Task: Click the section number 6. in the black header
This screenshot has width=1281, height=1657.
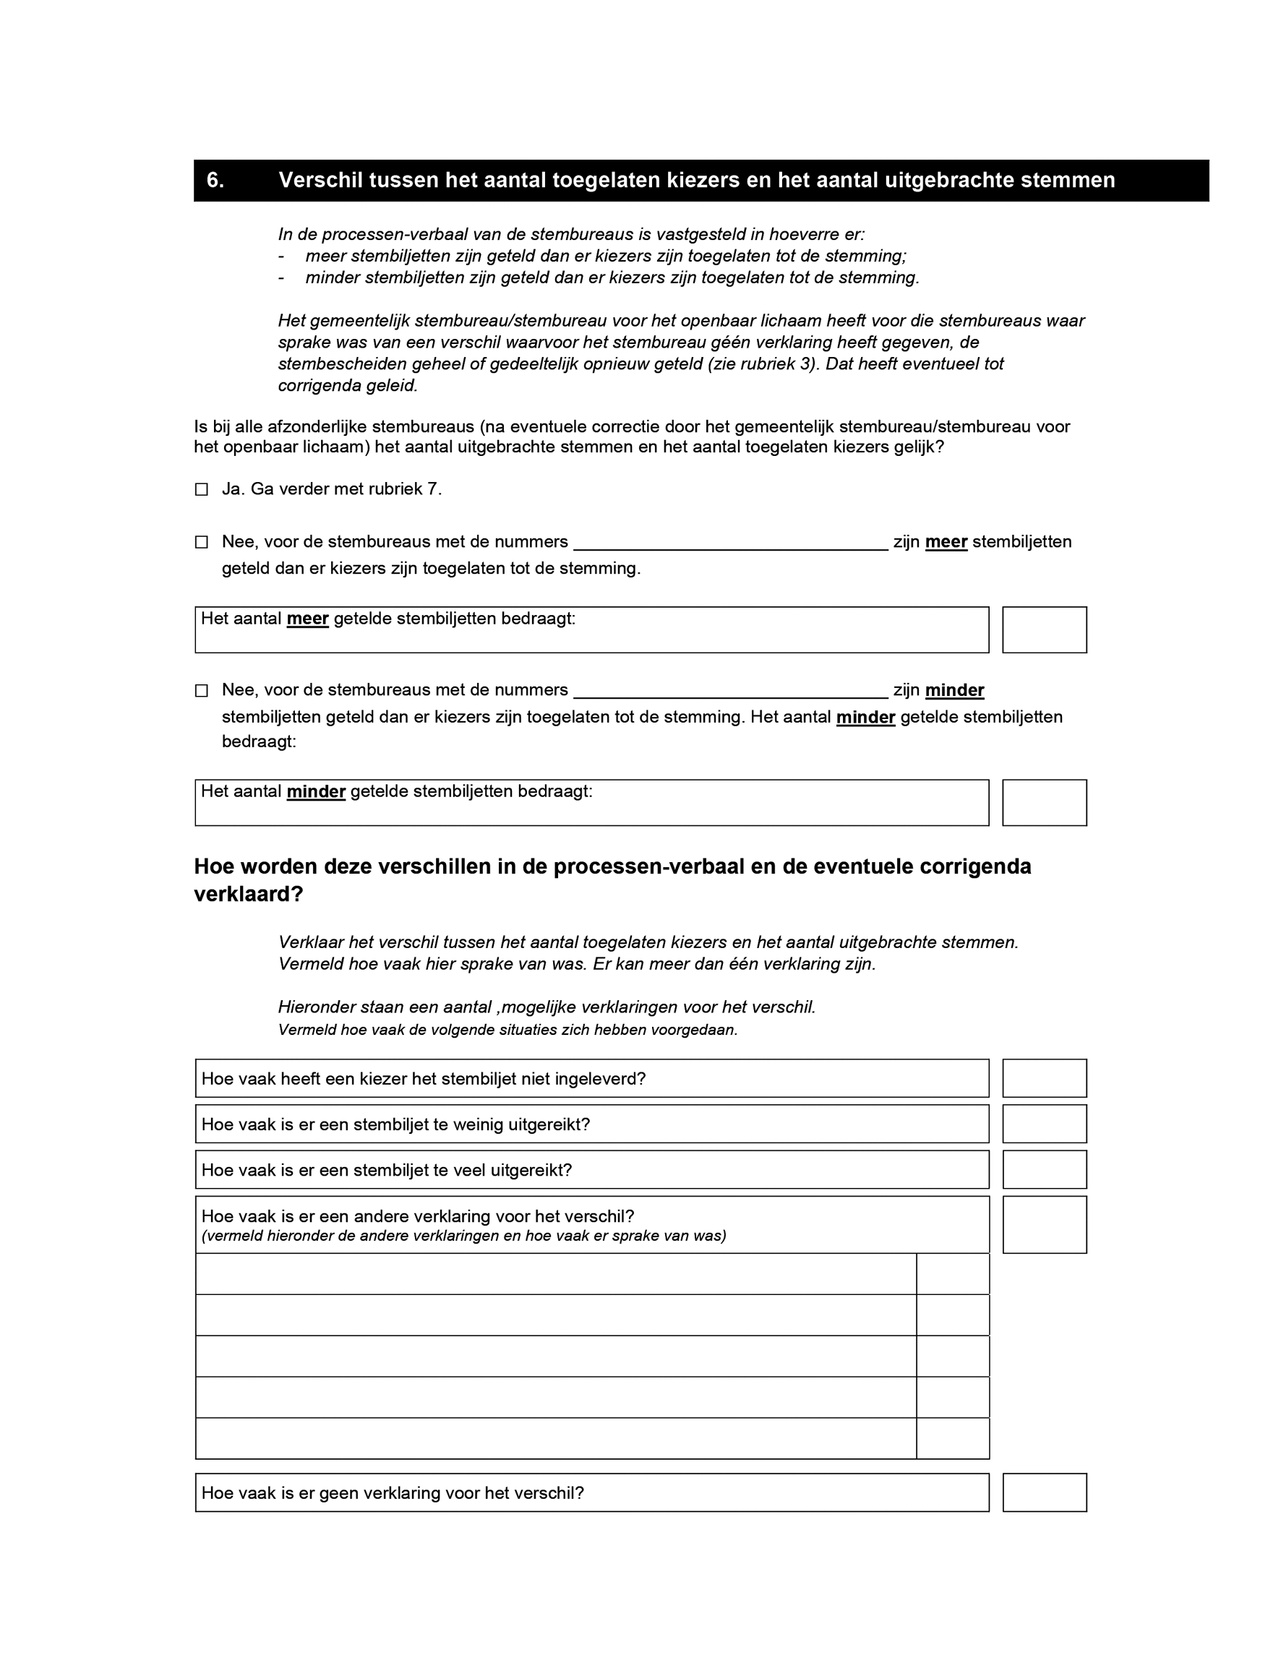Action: [x=215, y=181]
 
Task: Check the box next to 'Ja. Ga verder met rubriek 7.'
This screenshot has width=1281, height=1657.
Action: [x=202, y=489]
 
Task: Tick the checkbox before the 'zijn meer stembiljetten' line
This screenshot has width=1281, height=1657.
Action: [x=202, y=542]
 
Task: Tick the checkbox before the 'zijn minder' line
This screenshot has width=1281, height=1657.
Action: [x=202, y=690]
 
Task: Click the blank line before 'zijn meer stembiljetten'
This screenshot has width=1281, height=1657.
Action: [x=730, y=543]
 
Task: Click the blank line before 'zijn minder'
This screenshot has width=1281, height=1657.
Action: [x=730, y=691]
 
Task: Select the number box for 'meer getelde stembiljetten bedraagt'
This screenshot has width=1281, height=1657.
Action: [x=1044, y=629]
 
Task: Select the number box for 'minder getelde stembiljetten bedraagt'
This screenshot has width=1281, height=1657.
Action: [x=1044, y=803]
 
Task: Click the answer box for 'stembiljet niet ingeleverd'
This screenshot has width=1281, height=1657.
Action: [x=1044, y=1078]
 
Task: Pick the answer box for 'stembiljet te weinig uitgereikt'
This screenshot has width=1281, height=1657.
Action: [x=1044, y=1124]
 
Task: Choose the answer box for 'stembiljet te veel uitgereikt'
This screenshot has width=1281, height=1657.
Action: [x=1044, y=1169]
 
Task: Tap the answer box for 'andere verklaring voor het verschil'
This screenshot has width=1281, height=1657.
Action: [x=1044, y=1225]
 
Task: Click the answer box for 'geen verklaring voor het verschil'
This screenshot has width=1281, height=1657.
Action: [x=1044, y=1492]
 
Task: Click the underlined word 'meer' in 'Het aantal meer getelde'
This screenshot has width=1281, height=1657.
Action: [x=307, y=619]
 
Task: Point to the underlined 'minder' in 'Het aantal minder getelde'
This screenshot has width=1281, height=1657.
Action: [x=316, y=792]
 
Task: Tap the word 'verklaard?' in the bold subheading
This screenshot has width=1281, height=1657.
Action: [x=248, y=895]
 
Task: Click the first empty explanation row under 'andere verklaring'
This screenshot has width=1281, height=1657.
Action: [x=555, y=1274]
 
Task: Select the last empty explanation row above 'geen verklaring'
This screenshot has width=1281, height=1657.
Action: [x=555, y=1438]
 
